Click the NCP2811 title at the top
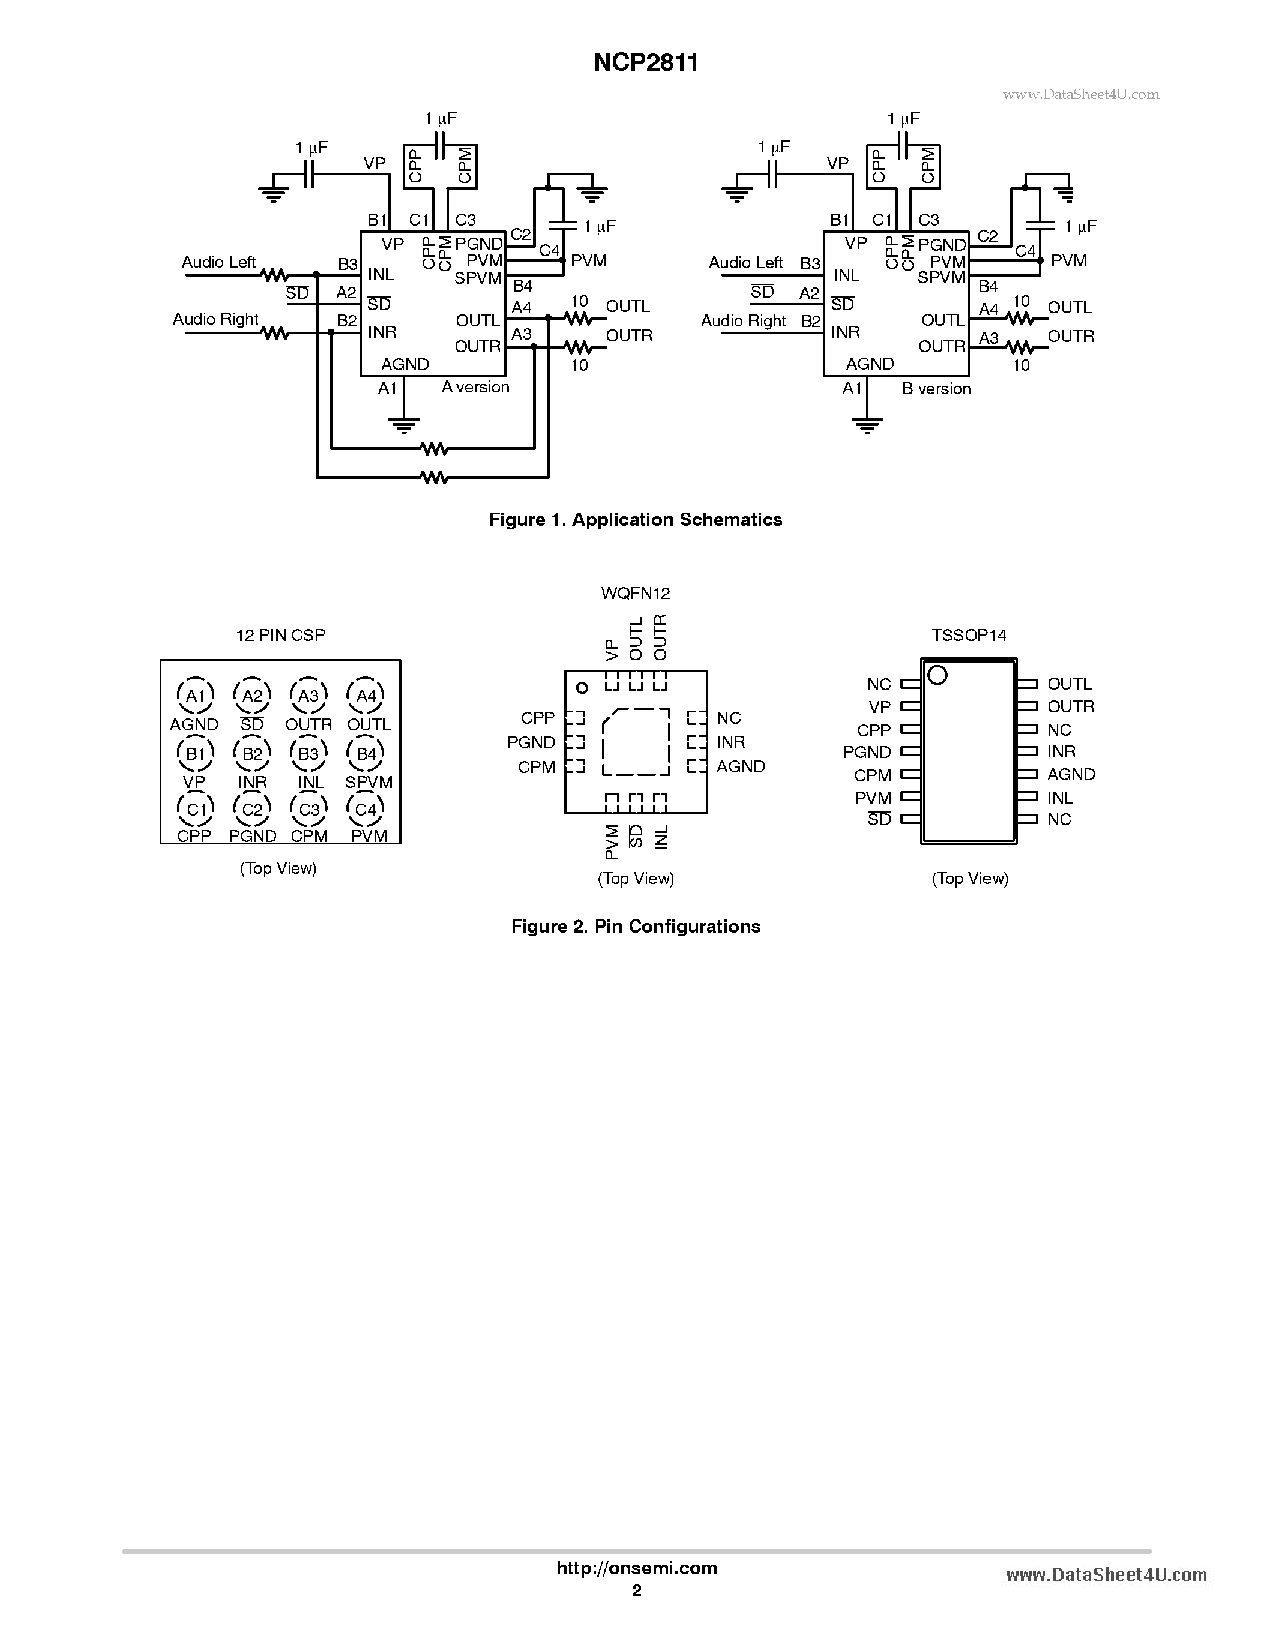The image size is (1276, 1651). point(646,63)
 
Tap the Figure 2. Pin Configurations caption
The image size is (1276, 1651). point(635,926)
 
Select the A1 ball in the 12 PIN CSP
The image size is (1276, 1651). point(196,696)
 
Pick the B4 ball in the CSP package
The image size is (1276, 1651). point(366,753)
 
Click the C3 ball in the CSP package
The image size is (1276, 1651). point(309,810)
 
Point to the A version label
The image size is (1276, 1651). point(475,387)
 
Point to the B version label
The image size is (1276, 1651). point(936,388)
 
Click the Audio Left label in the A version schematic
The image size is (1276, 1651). point(218,262)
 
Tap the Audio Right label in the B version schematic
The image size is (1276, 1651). point(743,320)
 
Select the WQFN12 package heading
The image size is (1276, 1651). point(635,594)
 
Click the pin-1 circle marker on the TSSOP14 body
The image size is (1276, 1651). point(937,675)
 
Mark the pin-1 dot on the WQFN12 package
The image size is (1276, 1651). point(582,687)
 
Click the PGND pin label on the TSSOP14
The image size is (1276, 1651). point(867,752)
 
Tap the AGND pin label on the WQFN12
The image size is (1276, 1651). point(740,766)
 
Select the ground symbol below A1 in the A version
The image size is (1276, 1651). point(405,425)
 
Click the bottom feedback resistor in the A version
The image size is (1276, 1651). point(434,477)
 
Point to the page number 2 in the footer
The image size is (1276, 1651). point(636,1590)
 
